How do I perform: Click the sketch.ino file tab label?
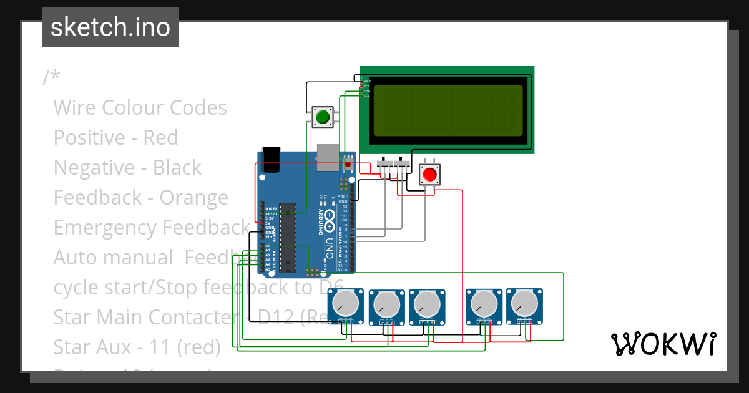click(x=110, y=27)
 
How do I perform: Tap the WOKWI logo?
click(x=663, y=344)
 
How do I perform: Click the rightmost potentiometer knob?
click(x=523, y=304)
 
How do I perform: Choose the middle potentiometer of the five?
click(x=426, y=304)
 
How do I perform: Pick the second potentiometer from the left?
click(x=386, y=304)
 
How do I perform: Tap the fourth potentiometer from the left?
click(x=483, y=304)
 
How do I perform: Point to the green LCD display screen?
click(x=447, y=110)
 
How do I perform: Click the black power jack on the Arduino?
click(x=272, y=158)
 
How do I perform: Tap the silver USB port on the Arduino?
click(x=328, y=157)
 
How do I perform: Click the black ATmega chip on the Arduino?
click(x=286, y=237)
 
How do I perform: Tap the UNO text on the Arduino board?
click(x=327, y=248)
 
